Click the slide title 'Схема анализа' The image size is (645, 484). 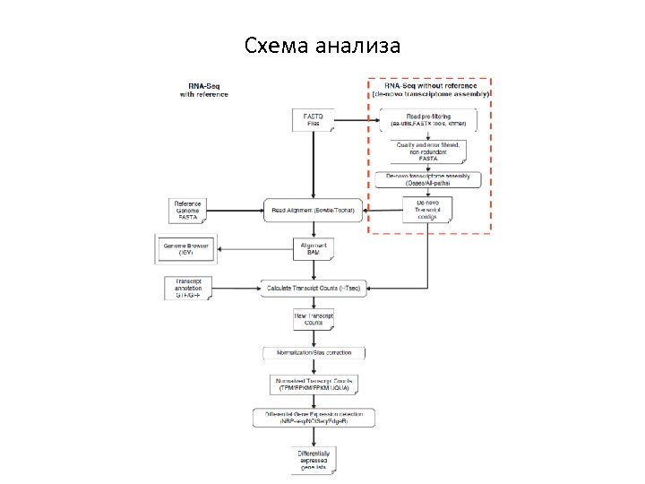coord(322,45)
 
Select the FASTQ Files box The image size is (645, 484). coord(314,120)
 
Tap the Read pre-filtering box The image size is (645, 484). coord(428,120)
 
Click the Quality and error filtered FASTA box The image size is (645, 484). coord(428,151)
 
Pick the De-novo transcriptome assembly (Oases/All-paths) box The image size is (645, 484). coord(428,179)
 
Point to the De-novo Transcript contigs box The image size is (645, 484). coord(427,209)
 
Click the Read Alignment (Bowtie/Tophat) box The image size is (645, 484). coord(314,211)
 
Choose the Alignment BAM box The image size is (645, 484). coord(314,248)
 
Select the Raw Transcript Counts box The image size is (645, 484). coord(314,320)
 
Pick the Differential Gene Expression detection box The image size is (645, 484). coord(314,418)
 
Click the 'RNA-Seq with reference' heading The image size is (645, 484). coord(204,89)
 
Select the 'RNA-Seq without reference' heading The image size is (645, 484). coord(430,89)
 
